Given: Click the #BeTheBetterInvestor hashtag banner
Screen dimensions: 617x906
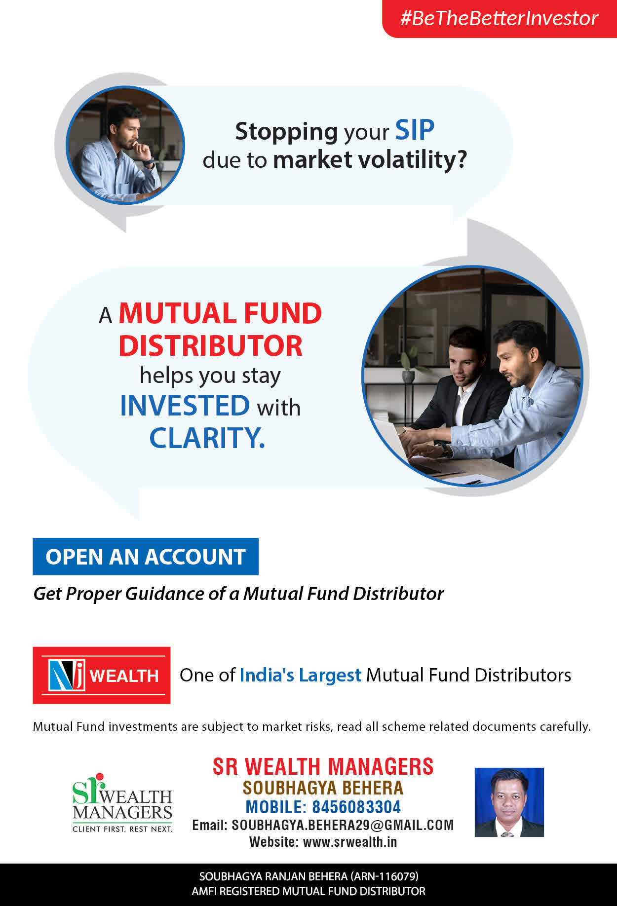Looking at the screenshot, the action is coord(500,18).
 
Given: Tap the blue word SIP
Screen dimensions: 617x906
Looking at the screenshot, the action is coord(415,130).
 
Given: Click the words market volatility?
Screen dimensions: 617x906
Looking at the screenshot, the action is coord(370,160).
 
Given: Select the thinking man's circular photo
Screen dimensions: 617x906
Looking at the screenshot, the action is coord(125,145).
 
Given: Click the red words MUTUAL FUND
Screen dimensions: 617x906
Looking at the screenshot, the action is coord(220,313).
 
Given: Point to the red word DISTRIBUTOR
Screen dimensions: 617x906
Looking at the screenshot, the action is coord(210,345).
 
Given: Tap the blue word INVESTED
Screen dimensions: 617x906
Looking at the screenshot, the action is coord(185,406).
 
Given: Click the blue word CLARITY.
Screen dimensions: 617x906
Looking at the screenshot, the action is coord(207,438).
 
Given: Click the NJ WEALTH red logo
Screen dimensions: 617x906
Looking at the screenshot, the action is coord(102,675).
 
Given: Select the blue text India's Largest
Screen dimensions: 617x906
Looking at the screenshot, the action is coord(301,675).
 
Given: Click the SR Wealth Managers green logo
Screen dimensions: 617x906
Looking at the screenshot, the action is coord(122,803).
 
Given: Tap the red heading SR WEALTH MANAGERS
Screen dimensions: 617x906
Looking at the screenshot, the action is coord(323,767).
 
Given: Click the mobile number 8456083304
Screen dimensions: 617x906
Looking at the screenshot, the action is coord(356,807).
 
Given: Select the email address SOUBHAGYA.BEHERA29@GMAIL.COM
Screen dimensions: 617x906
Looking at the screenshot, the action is coord(343,825).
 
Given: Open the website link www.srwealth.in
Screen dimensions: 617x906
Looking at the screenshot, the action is coord(350,842).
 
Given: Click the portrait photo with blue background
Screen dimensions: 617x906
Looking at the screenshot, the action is coord(509,802).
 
